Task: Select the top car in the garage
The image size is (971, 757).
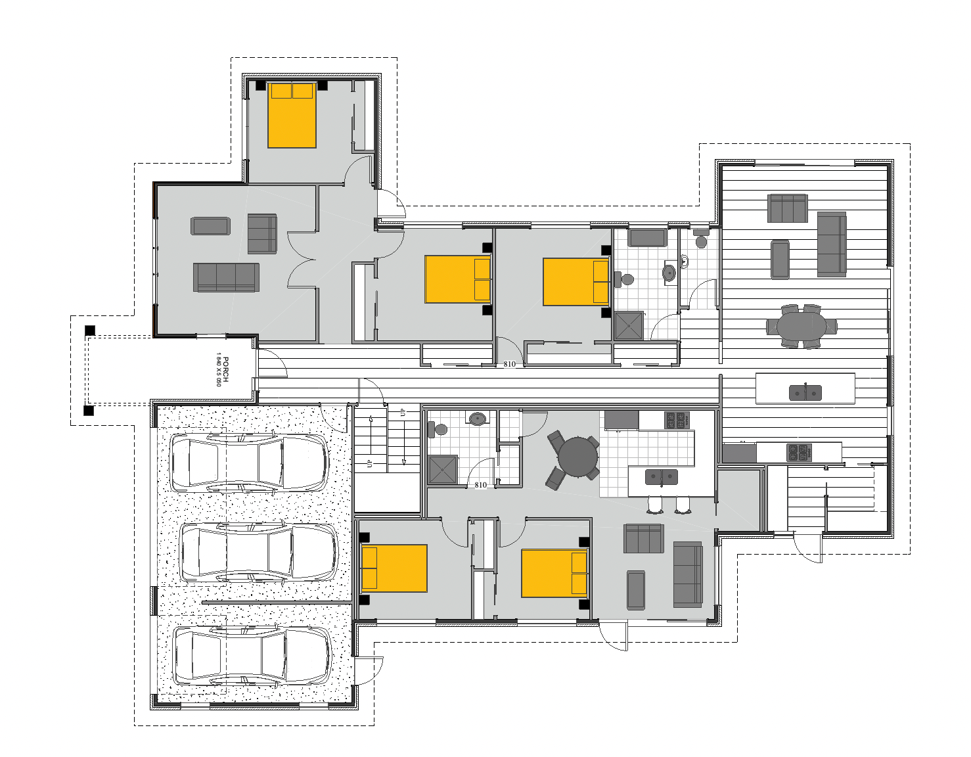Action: (249, 462)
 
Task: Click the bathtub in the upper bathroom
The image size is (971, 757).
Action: (648, 237)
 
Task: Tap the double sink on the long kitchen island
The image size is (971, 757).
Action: (805, 392)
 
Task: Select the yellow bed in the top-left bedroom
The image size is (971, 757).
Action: (292, 114)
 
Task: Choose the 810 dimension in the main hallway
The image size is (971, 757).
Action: (509, 364)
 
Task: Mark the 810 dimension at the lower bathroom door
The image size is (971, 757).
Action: (480, 485)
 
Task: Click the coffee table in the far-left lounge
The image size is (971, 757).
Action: (210, 226)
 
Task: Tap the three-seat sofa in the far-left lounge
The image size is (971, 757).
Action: (226, 277)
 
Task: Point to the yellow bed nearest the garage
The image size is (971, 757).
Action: (394, 567)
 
